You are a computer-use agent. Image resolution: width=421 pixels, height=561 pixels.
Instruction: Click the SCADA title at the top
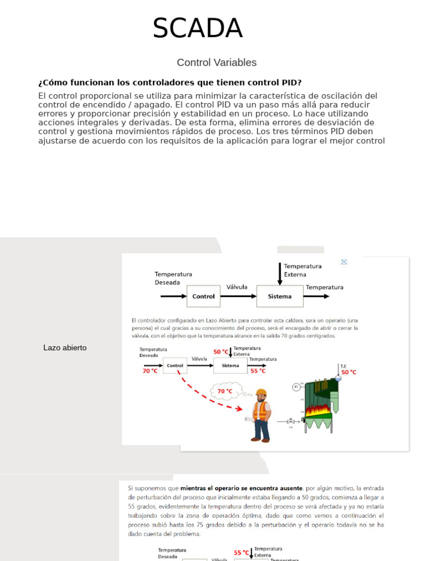[197, 28]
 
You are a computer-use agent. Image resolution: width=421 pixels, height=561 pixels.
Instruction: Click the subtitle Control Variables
[217, 62]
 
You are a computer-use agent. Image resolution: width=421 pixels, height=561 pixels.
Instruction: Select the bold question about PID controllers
[170, 83]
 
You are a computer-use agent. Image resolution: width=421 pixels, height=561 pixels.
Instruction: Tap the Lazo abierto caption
[65, 348]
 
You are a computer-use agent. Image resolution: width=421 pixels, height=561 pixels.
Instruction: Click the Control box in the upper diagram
[203, 296]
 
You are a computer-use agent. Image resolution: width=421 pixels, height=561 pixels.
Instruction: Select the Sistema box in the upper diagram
[280, 296]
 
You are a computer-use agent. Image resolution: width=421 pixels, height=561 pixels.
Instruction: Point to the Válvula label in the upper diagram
[237, 287]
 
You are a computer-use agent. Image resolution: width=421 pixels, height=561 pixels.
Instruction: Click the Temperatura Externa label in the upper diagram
[303, 270]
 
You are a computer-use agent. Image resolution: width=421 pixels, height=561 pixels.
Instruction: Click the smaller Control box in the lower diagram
[175, 365]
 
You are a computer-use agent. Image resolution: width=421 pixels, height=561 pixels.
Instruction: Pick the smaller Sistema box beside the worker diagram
[230, 365]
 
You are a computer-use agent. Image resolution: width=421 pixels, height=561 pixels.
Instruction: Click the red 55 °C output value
[258, 371]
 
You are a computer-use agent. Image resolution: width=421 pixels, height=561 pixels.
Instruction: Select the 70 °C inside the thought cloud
[225, 391]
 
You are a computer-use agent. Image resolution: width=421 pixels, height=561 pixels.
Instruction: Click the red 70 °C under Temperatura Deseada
[150, 371]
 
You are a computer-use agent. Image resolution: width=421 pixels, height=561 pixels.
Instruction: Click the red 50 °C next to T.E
[349, 372]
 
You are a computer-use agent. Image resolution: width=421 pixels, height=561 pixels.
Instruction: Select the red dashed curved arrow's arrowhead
[239, 408]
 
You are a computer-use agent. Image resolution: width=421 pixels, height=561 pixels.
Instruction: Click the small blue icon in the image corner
[344, 262]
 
